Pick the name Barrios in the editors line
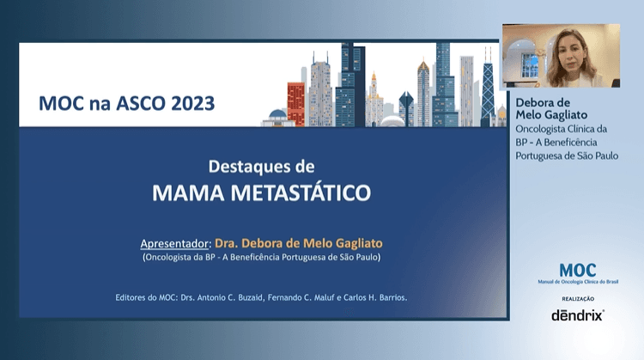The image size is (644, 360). click(x=387, y=297)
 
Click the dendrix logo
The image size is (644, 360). click(x=577, y=314)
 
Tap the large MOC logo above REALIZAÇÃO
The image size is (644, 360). click(x=577, y=272)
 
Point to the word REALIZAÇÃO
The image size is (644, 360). click(x=577, y=297)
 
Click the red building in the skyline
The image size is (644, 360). click(x=295, y=102)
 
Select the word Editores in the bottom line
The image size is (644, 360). click(x=134, y=297)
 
